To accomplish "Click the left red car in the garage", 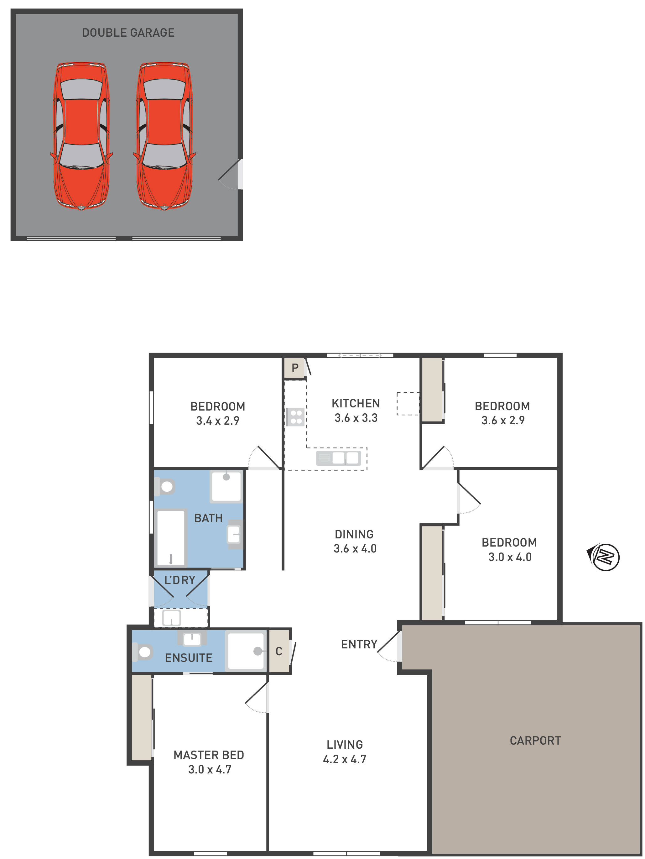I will pos(81,136).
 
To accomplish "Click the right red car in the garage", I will pos(164,136).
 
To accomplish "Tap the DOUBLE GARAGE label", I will pos(128,33).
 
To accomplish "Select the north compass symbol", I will pos(604,557).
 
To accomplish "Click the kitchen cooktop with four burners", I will pos(295,417).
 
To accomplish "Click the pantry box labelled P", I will pos(294,367).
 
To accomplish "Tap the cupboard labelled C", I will pos(279,651).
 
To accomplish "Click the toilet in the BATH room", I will pos(165,486).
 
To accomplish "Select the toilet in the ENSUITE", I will pos(143,652).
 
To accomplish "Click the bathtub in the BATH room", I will pos(171,538).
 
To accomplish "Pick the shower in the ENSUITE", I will pos(246,651).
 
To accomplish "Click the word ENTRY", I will pos(359,645).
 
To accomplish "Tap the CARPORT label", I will pos(535,741).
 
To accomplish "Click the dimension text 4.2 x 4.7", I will pos(344,759).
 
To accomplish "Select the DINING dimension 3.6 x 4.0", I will pos(355,549).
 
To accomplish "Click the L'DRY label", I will pos(180,580).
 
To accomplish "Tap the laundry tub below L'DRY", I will pos(171,617).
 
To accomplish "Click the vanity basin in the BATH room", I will pos(234,534).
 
